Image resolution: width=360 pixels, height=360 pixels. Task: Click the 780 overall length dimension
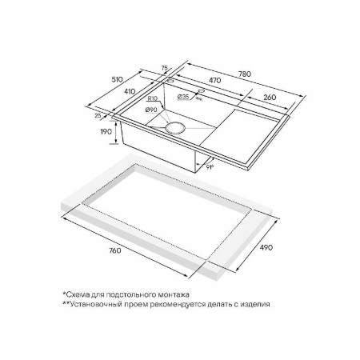point(245,74)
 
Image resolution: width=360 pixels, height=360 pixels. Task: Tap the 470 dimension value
point(214,80)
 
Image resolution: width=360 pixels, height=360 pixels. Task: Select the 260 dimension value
point(270,98)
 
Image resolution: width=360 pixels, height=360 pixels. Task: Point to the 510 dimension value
point(117,79)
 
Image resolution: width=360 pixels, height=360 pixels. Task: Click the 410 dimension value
point(130,91)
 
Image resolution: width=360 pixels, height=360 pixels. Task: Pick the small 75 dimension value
point(165,68)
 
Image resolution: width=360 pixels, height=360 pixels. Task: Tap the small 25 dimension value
point(98,115)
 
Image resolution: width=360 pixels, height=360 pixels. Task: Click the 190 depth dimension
point(106,131)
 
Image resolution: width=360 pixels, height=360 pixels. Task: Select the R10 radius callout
point(153,98)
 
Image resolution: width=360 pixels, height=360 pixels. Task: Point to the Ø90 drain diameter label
point(151,110)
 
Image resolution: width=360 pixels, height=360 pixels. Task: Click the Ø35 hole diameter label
point(183,97)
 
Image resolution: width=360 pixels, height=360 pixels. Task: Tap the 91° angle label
point(210,167)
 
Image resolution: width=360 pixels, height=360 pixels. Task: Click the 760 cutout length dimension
point(114,250)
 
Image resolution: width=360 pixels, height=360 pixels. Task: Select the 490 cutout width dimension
point(266,247)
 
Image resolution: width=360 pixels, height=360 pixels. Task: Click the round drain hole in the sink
point(175,127)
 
